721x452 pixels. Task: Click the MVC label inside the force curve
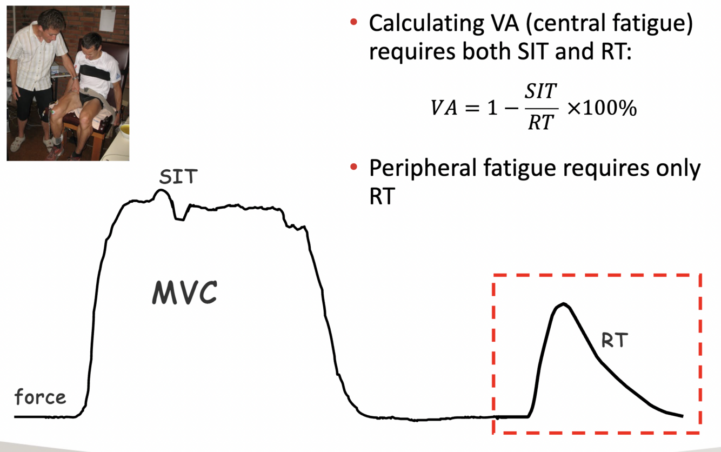pos(184,293)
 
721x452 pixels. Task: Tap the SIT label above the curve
pos(178,177)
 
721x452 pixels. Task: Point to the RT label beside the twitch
pos(615,341)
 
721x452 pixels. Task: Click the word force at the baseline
pos(40,397)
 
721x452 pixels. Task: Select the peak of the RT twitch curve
pos(563,304)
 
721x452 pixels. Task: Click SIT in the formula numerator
pos(541,92)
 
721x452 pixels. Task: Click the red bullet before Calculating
pos(354,23)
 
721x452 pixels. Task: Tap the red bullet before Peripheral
pos(354,168)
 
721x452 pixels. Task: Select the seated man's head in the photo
pos(92,43)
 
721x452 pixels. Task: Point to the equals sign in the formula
pos(472,108)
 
